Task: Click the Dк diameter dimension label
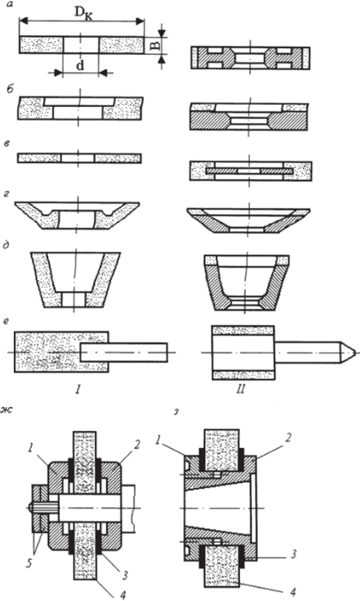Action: tap(83, 13)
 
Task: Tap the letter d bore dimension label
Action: tap(79, 66)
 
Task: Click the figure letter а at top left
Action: tap(9, 5)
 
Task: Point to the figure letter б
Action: tap(10, 90)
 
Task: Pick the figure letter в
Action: tap(9, 143)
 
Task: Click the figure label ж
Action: tap(7, 410)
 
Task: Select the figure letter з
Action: tap(175, 414)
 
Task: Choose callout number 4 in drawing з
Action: tap(293, 592)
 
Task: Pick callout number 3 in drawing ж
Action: tap(124, 575)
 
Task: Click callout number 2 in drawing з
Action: tap(288, 438)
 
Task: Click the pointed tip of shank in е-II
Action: tap(355, 352)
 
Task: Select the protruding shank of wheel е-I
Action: tap(124, 352)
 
